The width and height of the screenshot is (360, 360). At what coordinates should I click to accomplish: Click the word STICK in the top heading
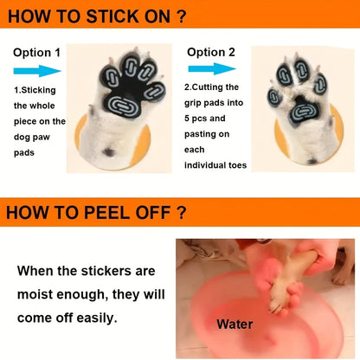(x=112, y=16)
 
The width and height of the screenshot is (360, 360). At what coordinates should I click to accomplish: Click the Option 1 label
(x=37, y=53)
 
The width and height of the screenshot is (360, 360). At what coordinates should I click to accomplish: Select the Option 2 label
(x=211, y=52)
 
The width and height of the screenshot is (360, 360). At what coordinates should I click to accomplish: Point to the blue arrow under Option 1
(x=37, y=71)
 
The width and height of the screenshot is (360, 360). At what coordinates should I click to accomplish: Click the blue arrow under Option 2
(x=212, y=69)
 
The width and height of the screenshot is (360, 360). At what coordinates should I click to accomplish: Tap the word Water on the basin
(x=235, y=325)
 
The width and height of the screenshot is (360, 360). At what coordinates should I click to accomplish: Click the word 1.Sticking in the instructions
(x=35, y=90)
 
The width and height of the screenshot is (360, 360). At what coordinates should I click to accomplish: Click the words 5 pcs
(x=195, y=119)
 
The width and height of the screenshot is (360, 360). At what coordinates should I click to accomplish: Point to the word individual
(x=205, y=165)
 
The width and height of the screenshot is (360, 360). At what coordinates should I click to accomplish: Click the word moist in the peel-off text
(x=35, y=294)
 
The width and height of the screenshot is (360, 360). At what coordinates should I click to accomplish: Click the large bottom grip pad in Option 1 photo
(x=121, y=105)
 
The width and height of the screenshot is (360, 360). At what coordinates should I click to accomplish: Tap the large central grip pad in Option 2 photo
(x=304, y=112)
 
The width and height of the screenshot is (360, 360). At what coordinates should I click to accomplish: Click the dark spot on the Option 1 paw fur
(x=109, y=151)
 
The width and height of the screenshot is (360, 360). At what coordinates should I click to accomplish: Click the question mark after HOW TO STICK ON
(x=181, y=16)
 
